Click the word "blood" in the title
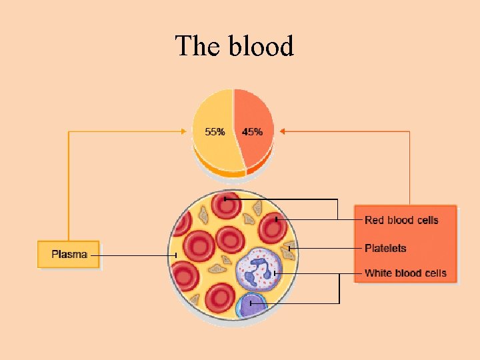coord(261,47)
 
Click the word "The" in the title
coord(198,47)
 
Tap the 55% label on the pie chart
coord(215,132)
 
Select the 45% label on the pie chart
coord(252,132)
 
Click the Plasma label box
coord(69,255)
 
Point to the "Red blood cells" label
coord(401,220)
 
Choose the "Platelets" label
coord(385,248)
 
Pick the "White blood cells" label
coord(405,273)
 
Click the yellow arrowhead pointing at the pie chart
coord(186,131)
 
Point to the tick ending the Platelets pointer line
coord(289,249)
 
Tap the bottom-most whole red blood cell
coord(219,298)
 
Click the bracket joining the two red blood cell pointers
coord(338,209)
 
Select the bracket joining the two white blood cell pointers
coord(339,289)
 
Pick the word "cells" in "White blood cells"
coord(433,273)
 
